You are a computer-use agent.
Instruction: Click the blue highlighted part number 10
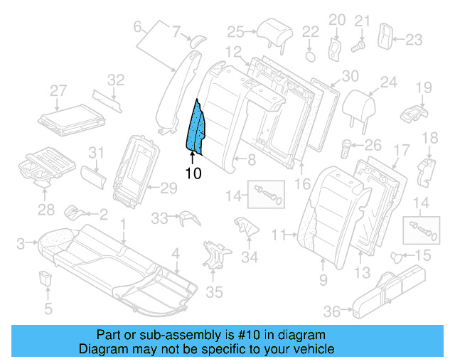tap(195, 128)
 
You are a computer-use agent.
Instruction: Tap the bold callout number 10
tap(193, 173)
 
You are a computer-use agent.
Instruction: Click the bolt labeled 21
tap(359, 44)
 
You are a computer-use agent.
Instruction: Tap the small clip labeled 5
tap(47, 277)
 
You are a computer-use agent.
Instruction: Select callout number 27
tap(58, 90)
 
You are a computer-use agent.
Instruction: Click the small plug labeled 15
tap(399, 255)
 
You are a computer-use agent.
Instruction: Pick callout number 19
tap(424, 87)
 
